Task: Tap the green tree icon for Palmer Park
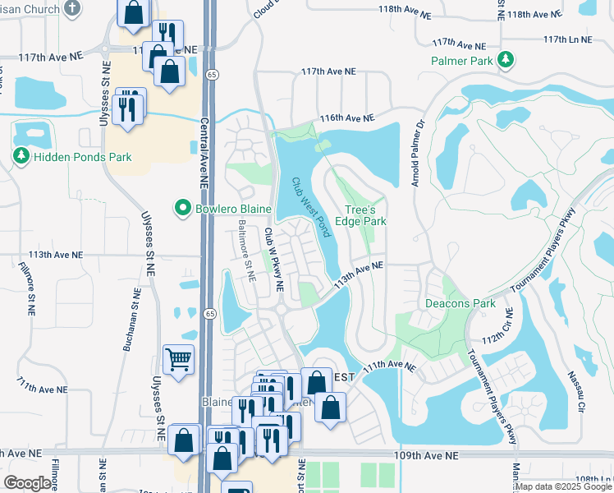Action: click(506, 60)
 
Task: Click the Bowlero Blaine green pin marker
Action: click(184, 209)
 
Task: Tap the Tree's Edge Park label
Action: click(365, 215)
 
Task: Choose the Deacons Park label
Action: click(460, 303)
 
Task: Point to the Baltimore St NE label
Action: click(246, 250)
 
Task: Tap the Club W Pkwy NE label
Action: click(273, 260)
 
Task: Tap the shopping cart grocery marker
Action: click(179, 359)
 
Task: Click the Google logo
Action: click(28, 483)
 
